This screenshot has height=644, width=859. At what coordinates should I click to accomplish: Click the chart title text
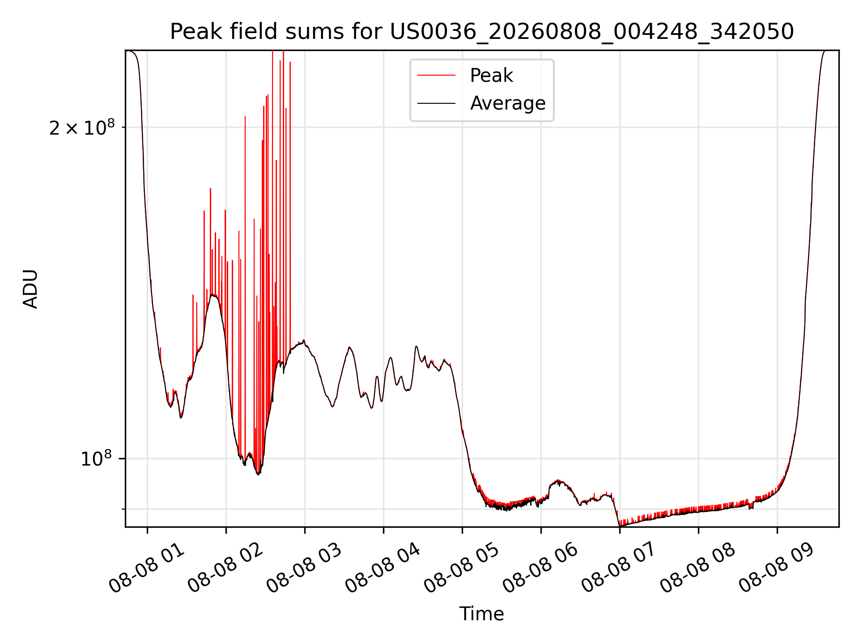coord(482,32)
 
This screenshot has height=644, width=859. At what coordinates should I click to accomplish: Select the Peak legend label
coord(491,76)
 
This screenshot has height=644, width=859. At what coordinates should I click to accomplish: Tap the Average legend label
coord(508,103)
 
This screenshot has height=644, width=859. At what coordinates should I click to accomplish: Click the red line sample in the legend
coord(436,76)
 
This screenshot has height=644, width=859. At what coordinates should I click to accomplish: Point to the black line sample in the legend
coord(436,103)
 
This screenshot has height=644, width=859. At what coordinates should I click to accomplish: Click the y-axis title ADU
coord(30,289)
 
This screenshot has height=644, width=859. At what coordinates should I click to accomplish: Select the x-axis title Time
coord(482,614)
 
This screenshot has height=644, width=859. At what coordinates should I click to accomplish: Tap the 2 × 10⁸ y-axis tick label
coord(82,127)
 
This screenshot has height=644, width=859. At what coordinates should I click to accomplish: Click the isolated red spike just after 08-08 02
coord(245,286)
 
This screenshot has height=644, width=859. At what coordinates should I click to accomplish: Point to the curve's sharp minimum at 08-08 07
coord(620,525)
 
